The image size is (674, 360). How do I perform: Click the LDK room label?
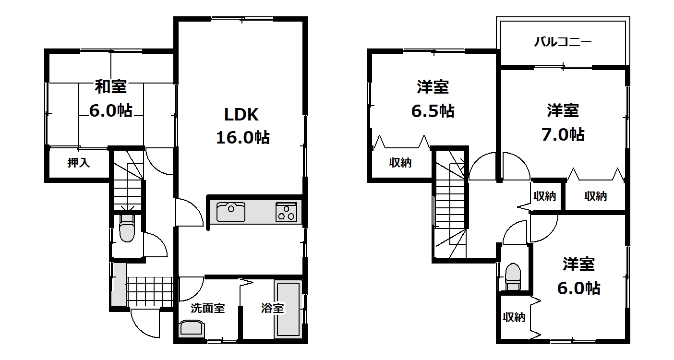[x=241, y=115]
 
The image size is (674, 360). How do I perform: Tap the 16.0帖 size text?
[x=242, y=138]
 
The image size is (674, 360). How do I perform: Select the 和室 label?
[x=110, y=87]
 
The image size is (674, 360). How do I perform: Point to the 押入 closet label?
[x=79, y=163]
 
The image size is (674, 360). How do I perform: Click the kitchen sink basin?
[x=231, y=212]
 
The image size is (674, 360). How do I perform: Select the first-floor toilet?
[x=127, y=228]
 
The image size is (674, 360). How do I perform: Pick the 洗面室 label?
[x=207, y=308]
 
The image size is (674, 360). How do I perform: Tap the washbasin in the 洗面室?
[x=192, y=328]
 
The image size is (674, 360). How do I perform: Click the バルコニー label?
[x=563, y=42]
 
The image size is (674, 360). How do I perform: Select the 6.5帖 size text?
[x=433, y=111]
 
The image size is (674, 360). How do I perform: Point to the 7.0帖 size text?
[x=563, y=134]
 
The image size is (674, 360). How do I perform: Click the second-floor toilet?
[x=513, y=276]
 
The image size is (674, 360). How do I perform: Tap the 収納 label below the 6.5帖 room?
[x=400, y=163]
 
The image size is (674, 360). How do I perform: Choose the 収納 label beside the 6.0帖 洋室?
[x=514, y=317]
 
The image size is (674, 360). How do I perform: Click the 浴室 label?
[x=272, y=308]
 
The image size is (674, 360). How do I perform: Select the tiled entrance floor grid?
[x=150, y=292]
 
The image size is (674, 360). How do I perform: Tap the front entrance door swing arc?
[x=142, y=328]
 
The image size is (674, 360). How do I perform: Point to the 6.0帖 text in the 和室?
[x=111, y=111]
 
